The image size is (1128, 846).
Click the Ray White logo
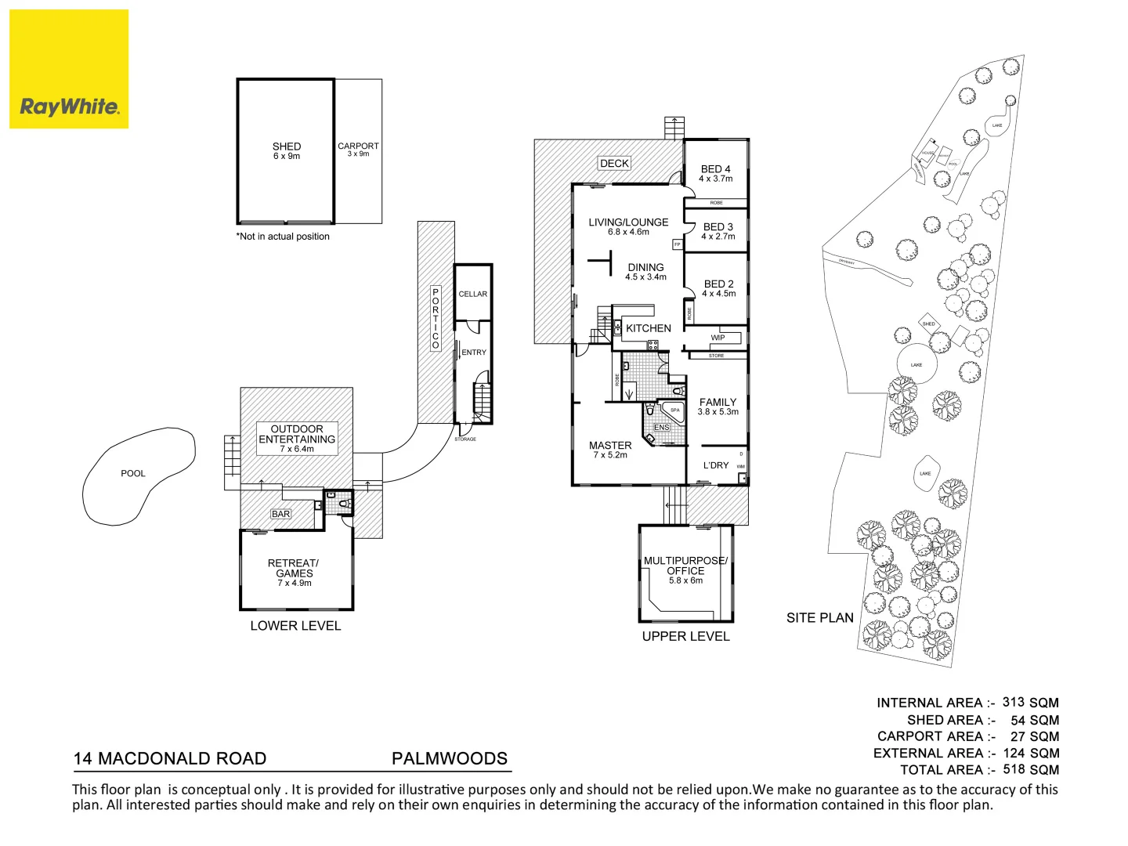coord(69,69)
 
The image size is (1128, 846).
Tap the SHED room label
coord(287,146)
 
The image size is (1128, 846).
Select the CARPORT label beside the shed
coord(358,146)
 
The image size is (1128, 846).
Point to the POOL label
coord(133,473)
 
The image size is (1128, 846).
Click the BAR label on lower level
coord(280,514)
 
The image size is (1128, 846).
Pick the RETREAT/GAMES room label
coord(294,568)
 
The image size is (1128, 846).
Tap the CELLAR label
coord(472,294)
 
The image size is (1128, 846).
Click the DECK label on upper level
coord(614,163)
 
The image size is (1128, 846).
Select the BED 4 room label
coord(716,169)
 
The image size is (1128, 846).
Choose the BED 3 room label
coord(718,226)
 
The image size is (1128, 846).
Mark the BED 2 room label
coord(718,284)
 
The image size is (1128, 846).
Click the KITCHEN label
coord(649,328)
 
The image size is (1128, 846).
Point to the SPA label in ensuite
coord(674,410)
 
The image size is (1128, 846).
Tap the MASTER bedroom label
coord(610,445)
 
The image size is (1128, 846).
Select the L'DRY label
coord(716,465)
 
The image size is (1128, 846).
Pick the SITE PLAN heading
coord(819,618)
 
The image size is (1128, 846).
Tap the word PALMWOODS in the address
coord(450,758)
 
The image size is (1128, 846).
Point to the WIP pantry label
coord(718,338)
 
